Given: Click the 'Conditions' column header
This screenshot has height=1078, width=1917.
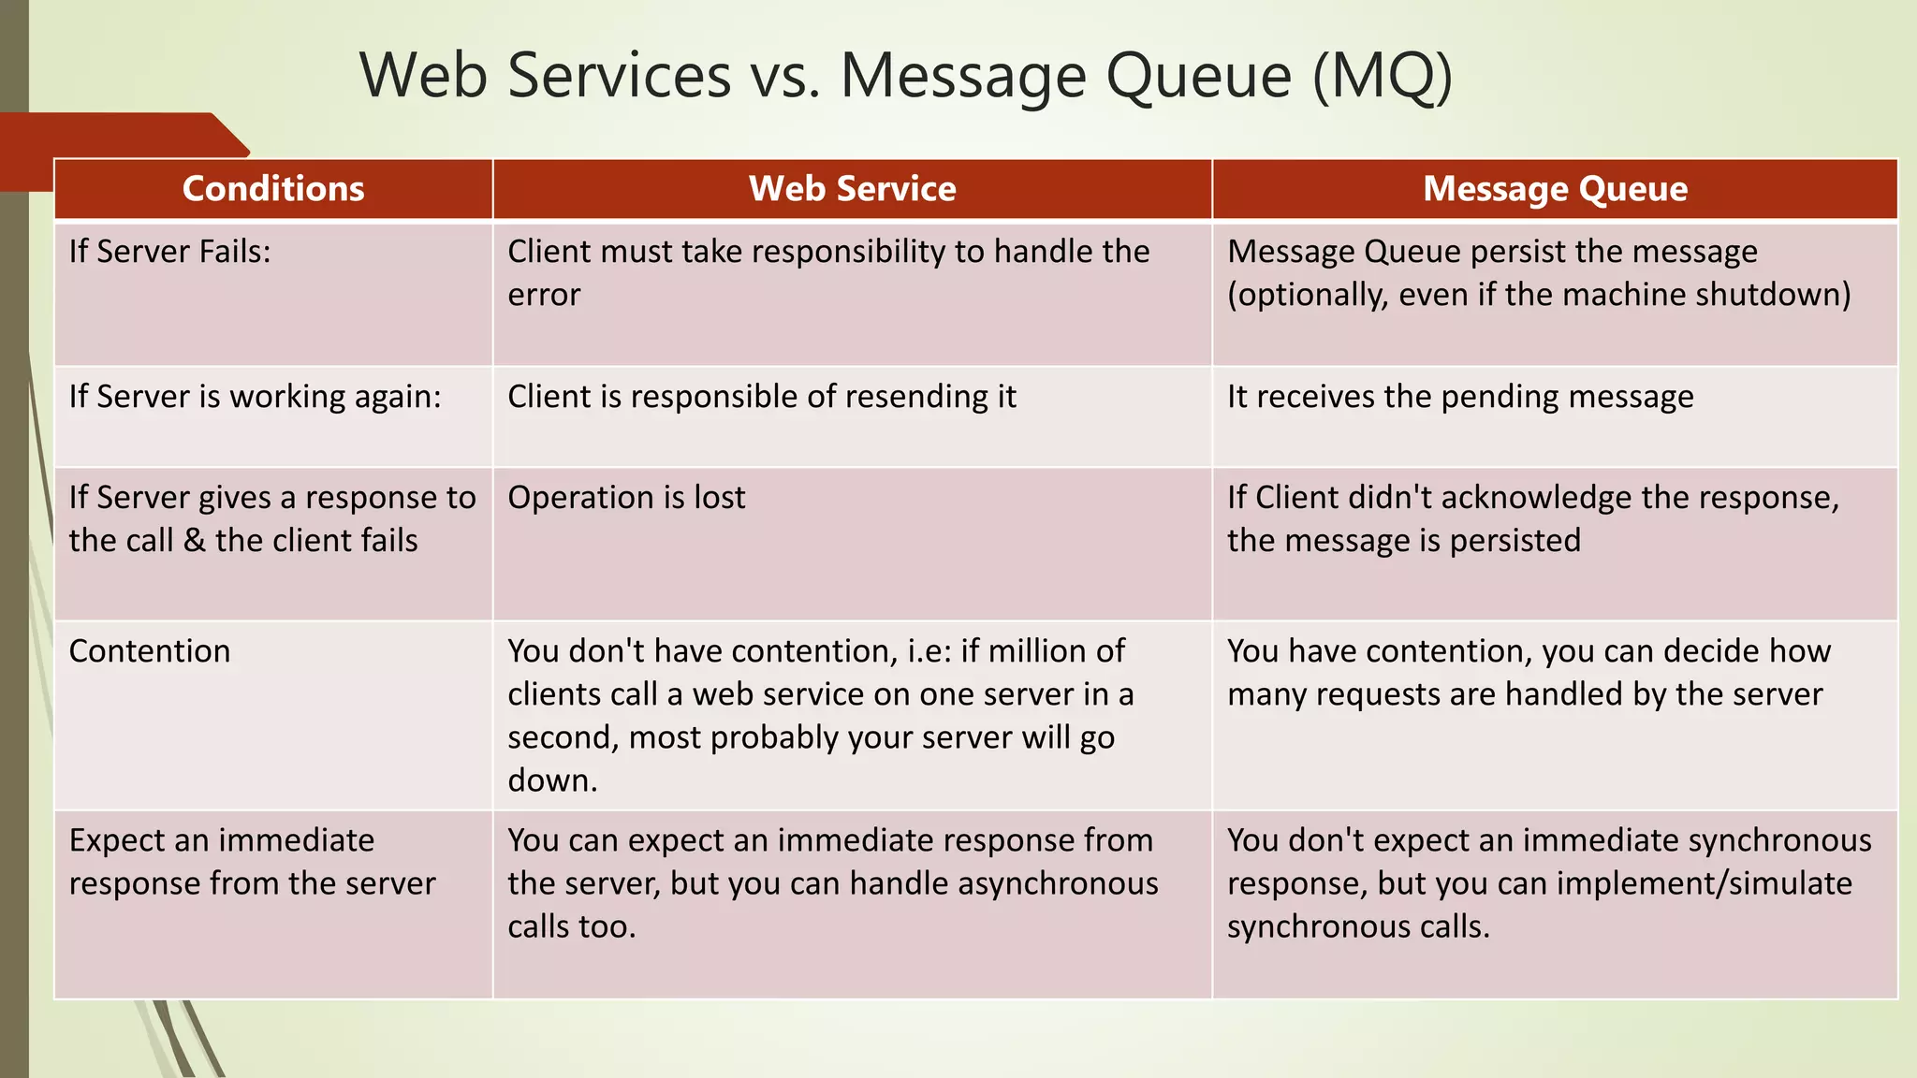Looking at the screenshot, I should point(273,189).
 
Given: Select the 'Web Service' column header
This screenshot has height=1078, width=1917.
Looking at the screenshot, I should point(852,189).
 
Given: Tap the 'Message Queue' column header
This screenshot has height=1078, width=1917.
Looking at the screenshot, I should point(1555,189).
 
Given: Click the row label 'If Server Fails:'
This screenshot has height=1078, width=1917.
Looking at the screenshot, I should point(169,252).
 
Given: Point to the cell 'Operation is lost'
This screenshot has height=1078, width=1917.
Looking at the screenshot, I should point(626,498).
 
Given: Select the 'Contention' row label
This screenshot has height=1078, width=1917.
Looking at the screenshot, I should point(150,651).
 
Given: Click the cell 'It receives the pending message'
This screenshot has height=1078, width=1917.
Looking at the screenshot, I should point(1460,397).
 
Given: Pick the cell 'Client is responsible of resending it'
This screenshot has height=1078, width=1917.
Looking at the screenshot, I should point(761,397).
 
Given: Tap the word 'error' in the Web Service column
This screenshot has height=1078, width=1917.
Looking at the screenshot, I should point(544,295).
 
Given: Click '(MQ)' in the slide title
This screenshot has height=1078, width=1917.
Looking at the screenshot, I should point(1382,75).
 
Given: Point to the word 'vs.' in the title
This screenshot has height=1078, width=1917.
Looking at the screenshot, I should point(783,75).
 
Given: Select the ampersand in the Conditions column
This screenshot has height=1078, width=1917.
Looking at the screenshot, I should point(194,541).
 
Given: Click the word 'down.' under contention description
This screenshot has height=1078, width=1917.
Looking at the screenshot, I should point(552,780).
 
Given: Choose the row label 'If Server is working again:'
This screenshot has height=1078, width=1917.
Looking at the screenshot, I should point(255,397).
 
